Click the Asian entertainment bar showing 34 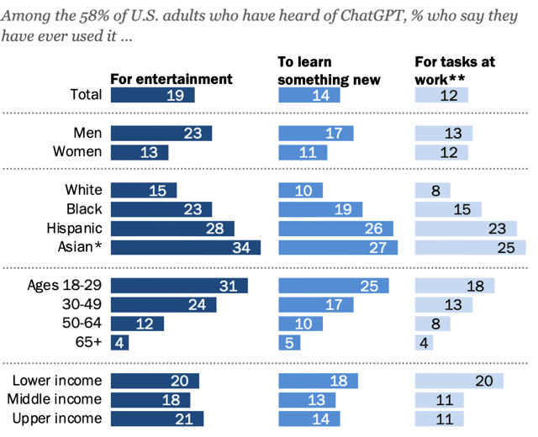click(x=186, y=247)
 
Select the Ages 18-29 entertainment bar click(x=179, y=286)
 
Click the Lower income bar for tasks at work click(x=459, y=381)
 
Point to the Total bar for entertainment click(x=152, y=95)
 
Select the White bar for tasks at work click(x=433, y=190)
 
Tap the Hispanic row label click(x=74, y=229)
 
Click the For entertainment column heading click(x=171, y=79)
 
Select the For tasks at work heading click(x=455, y=71)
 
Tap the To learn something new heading click(x=330, y=71)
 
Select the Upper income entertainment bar click(x=157, y=419)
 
